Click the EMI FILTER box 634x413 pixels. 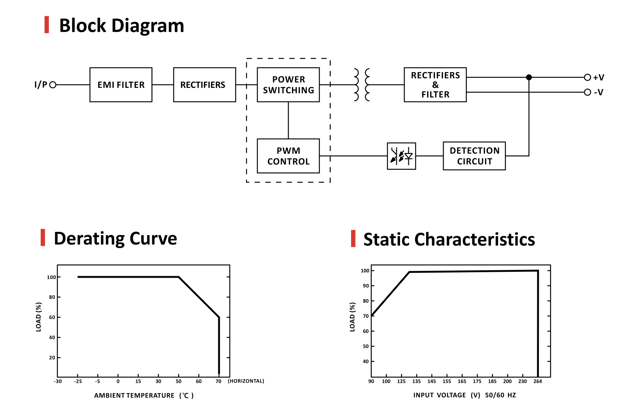click(121, 85)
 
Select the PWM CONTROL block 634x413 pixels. click(288, 156)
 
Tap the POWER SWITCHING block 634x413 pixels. click(288, 85)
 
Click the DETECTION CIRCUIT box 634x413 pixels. click(474, 156)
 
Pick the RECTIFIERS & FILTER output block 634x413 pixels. click(435, 85)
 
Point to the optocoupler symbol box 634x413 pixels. click(401, 156)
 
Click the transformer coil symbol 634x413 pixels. click(362, 85)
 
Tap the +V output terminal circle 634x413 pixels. click(587, 77)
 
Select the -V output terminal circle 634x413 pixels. click(587, 92)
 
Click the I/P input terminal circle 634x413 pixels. click(53, 85)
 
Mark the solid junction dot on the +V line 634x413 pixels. click(529, 77)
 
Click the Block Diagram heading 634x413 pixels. click(122, 26)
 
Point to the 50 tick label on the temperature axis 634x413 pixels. click(179, 381)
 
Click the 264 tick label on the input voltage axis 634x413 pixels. click(538, 381)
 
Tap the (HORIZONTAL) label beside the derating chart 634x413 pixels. click(246, 381)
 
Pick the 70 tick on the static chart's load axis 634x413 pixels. click(366, 316)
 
